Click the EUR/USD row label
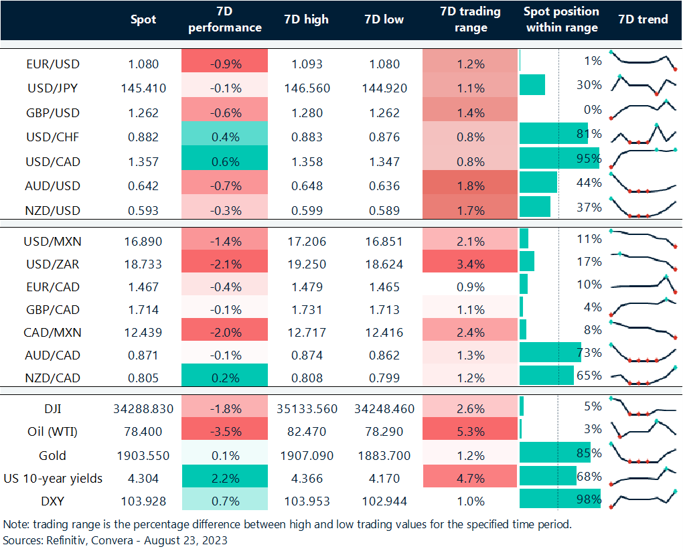(x=52, y=64)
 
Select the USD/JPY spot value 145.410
(x=143, y=88)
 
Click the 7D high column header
(x=307, y=19)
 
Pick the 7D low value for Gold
(x=384, y=456)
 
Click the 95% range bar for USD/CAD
(x=558, y=158)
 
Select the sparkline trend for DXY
(x=643, y=499)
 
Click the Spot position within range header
(x=561, y=19)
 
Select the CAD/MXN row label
(x=52, y=333)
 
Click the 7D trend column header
(x=643, y=19)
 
